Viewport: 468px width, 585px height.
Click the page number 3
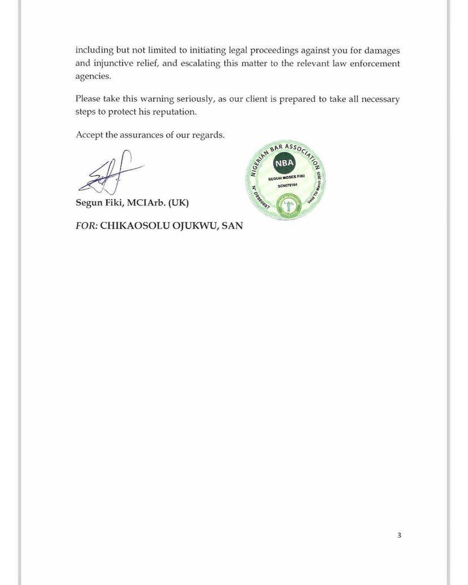[x=399, y=535]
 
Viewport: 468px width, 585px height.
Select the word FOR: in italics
[x=86, y=225]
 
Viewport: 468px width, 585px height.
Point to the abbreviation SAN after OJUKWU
[x=231, y=225]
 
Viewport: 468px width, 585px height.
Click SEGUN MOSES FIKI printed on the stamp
[x=287, y=177]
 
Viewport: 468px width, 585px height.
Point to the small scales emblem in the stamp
[x=287, y=204]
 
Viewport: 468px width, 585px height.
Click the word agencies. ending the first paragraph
[x=94, y=76]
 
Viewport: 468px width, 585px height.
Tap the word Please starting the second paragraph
[x=88, y=99]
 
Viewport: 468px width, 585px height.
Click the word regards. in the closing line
[x=209, y=135]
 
